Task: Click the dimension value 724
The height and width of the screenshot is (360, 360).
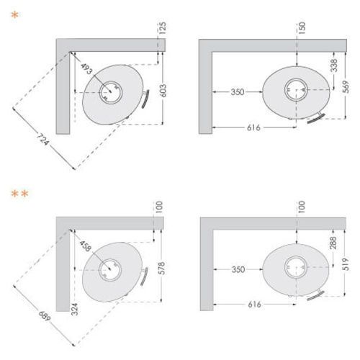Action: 43,139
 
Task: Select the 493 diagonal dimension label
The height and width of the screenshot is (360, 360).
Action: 86,68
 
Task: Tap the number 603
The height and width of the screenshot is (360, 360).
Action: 163,91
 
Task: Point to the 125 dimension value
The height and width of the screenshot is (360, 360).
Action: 162,28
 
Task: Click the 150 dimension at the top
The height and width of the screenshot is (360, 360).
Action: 302,28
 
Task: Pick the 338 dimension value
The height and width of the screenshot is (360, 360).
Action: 334,65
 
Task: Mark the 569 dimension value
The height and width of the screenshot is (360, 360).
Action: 346,87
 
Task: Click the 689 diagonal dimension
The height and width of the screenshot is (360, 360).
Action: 45,316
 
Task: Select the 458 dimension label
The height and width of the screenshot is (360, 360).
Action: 86,246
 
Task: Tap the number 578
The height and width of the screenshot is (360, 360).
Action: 162,268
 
